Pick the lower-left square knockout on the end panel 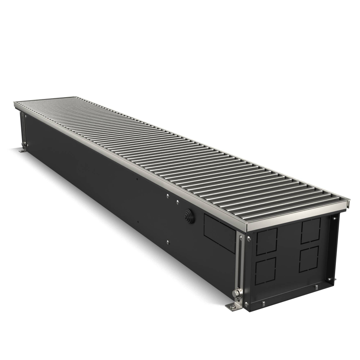pyautogui.click(x=265, y=269)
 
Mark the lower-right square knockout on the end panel pyautogui.click(x=309, y=259)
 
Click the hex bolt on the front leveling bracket pyautogui.click(x=237, y=294)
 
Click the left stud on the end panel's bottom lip pyautogui.click(x=264, y=302)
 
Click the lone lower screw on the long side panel pyautogui.click(x=168, y=242)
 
